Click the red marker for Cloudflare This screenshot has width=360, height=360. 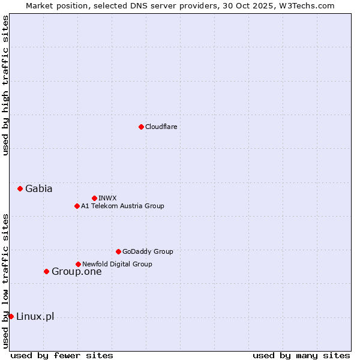[141, 127]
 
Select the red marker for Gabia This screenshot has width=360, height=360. [20, 188]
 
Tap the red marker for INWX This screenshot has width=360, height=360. [94, 198]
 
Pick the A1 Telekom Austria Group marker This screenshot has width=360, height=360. [77, 206]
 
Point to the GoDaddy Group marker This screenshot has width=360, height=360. [118, 251]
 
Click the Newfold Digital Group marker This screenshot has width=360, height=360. [78, 264]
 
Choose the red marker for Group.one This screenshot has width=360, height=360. [46, 271]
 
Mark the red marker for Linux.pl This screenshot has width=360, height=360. [11, 316]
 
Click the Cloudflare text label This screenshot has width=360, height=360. [161, 127]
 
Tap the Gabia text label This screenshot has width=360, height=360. [38, 188]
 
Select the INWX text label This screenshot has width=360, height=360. [107, 198]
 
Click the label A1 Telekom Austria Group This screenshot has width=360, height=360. [122, 206]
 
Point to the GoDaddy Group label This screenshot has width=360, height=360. [148, 251]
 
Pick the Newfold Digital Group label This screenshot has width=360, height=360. [117, 264]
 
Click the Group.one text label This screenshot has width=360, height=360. [76, 271]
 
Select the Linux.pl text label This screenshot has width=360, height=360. [35, 316]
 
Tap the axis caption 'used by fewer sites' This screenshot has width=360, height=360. [62, 355]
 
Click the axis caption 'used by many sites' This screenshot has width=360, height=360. [301, 355]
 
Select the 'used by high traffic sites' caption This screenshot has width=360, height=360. [5, 85]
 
